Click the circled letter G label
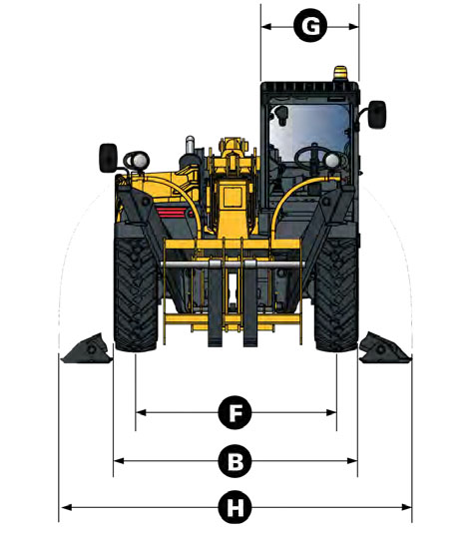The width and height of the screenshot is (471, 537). (311, 26)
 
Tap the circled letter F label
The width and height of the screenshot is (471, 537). (235, 412)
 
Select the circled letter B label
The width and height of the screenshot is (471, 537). (235, 461)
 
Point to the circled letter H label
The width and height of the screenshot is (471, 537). (235, 507)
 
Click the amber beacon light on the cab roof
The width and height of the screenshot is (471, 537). (339, 73)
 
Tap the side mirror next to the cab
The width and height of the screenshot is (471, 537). (377, 115)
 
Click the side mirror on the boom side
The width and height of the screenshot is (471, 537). (108, 158)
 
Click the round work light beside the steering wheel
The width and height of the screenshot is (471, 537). (332, 161)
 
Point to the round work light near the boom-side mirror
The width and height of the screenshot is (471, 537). (141, 160)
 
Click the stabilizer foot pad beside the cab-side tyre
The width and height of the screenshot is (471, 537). (384, 348)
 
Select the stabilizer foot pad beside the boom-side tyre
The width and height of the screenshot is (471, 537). (87, 348)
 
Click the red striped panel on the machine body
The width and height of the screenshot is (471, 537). (172, 214)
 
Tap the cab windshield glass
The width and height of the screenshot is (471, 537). (308, 132)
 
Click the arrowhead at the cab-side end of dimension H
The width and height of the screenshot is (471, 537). (407, 507)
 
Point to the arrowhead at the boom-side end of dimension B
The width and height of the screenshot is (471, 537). (119, 461)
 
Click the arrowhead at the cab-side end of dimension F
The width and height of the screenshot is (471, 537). (331, 412)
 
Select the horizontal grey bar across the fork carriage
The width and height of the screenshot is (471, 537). (233, 265)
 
